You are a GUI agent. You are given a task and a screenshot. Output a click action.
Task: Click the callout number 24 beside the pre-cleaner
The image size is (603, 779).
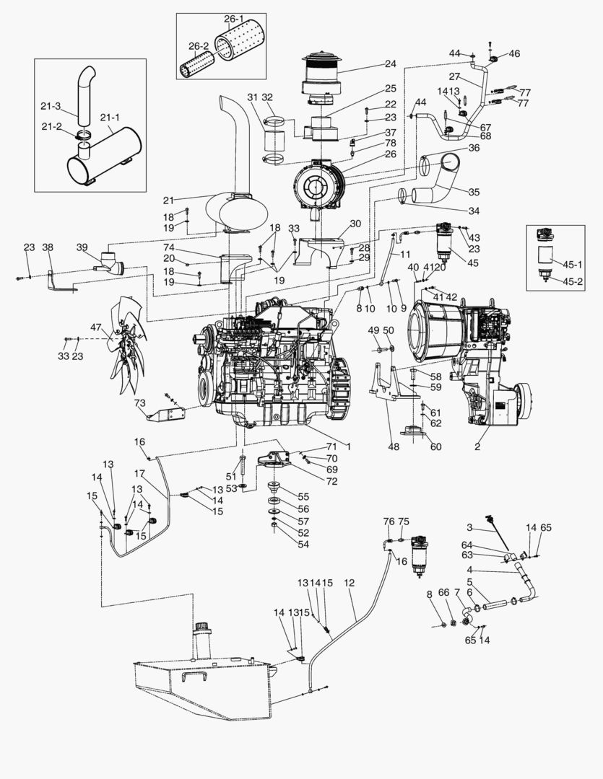coord(391,63)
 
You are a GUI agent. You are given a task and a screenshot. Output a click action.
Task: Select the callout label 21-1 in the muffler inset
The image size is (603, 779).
coord(110,117)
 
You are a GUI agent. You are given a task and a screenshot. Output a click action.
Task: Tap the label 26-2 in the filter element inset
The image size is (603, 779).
coord(199,45)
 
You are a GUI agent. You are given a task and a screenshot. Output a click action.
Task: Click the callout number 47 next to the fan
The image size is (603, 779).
coord(96,327)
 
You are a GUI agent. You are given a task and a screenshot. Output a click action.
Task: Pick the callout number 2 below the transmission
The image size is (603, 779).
coord(477,447)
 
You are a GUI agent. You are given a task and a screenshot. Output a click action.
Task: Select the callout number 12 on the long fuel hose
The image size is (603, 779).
coord(350,582)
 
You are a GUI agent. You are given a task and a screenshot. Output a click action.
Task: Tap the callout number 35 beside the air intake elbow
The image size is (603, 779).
coord(474,193)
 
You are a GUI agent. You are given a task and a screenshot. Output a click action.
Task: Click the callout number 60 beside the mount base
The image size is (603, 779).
coord(435,446)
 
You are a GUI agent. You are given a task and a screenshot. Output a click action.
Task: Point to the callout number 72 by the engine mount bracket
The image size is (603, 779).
coord(331,480)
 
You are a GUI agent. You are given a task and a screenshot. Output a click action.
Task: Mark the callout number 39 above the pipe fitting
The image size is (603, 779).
coord(82,247)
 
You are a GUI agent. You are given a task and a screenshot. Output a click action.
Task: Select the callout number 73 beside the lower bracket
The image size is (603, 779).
coord(140,402)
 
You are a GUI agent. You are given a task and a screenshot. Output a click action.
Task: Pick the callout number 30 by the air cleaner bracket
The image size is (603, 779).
coord(355,224)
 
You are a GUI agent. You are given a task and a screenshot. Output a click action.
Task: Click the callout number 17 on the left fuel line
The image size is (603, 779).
coord(140,473)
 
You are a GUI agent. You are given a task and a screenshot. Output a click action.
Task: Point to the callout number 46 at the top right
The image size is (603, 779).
coord(514,53)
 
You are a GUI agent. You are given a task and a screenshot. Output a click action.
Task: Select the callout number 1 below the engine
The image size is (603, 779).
coord(349,447)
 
